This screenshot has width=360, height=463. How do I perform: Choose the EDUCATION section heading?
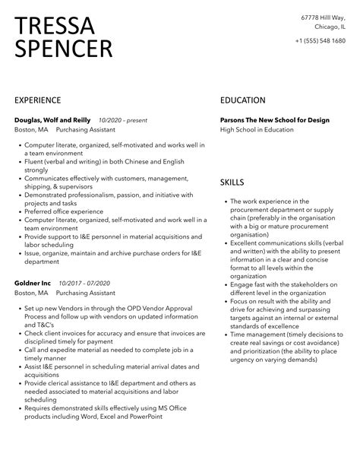pos(242,100)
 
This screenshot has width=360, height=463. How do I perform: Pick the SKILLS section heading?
pos(232,182)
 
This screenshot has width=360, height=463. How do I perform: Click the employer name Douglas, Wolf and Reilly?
pos(52,120)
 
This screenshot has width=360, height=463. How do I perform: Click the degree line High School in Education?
pos(257,130)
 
